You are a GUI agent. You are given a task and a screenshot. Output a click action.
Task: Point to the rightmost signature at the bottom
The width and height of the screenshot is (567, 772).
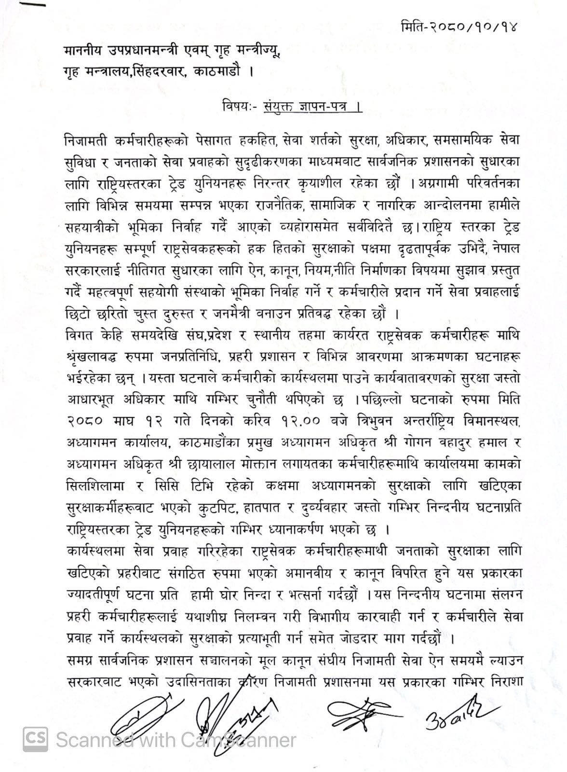tap(456, 713)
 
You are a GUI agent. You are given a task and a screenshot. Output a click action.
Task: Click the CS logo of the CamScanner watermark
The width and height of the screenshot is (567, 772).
tap(36, 739)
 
